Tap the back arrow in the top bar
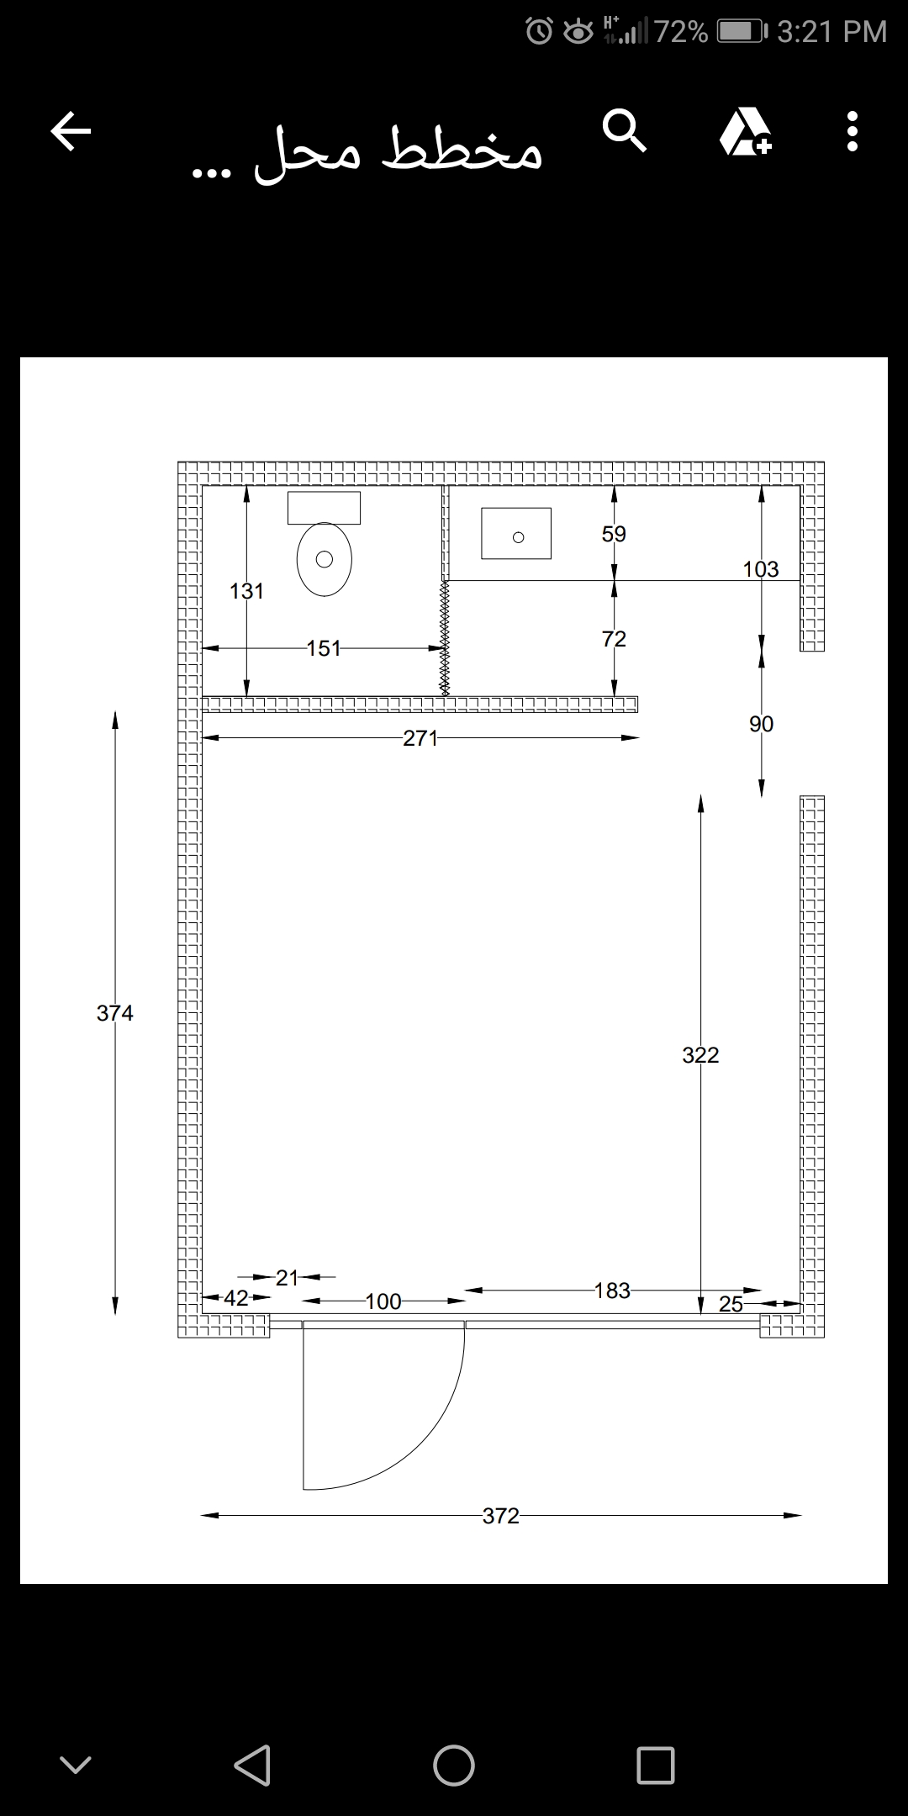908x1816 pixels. [x=71, y=132]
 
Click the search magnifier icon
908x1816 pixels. [x=625, y=131]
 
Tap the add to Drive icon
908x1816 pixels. [x=746, y=132]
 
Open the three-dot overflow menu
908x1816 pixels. [x=853, y=131]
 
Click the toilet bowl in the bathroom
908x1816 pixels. [x=325, y=560]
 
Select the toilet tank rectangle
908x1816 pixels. [x=325, y=508]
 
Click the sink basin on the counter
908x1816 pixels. [x=516, y=533]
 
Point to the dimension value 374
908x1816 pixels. [x=115, y=1013]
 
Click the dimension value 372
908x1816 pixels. [x=501, y=1515]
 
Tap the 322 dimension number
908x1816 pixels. [x=700, y=1055]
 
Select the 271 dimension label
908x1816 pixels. [x=420, y=738]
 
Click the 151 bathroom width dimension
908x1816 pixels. [x=324, y=648]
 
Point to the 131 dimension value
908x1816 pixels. [x=246, y=591]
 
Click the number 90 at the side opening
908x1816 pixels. [x=762, y=724]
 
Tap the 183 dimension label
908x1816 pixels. [x=612, y=1291]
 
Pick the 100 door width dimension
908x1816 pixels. [x=383, y=1301]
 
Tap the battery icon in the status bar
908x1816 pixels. [x=742, y=32]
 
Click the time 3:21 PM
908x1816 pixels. [x=831, y=32]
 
